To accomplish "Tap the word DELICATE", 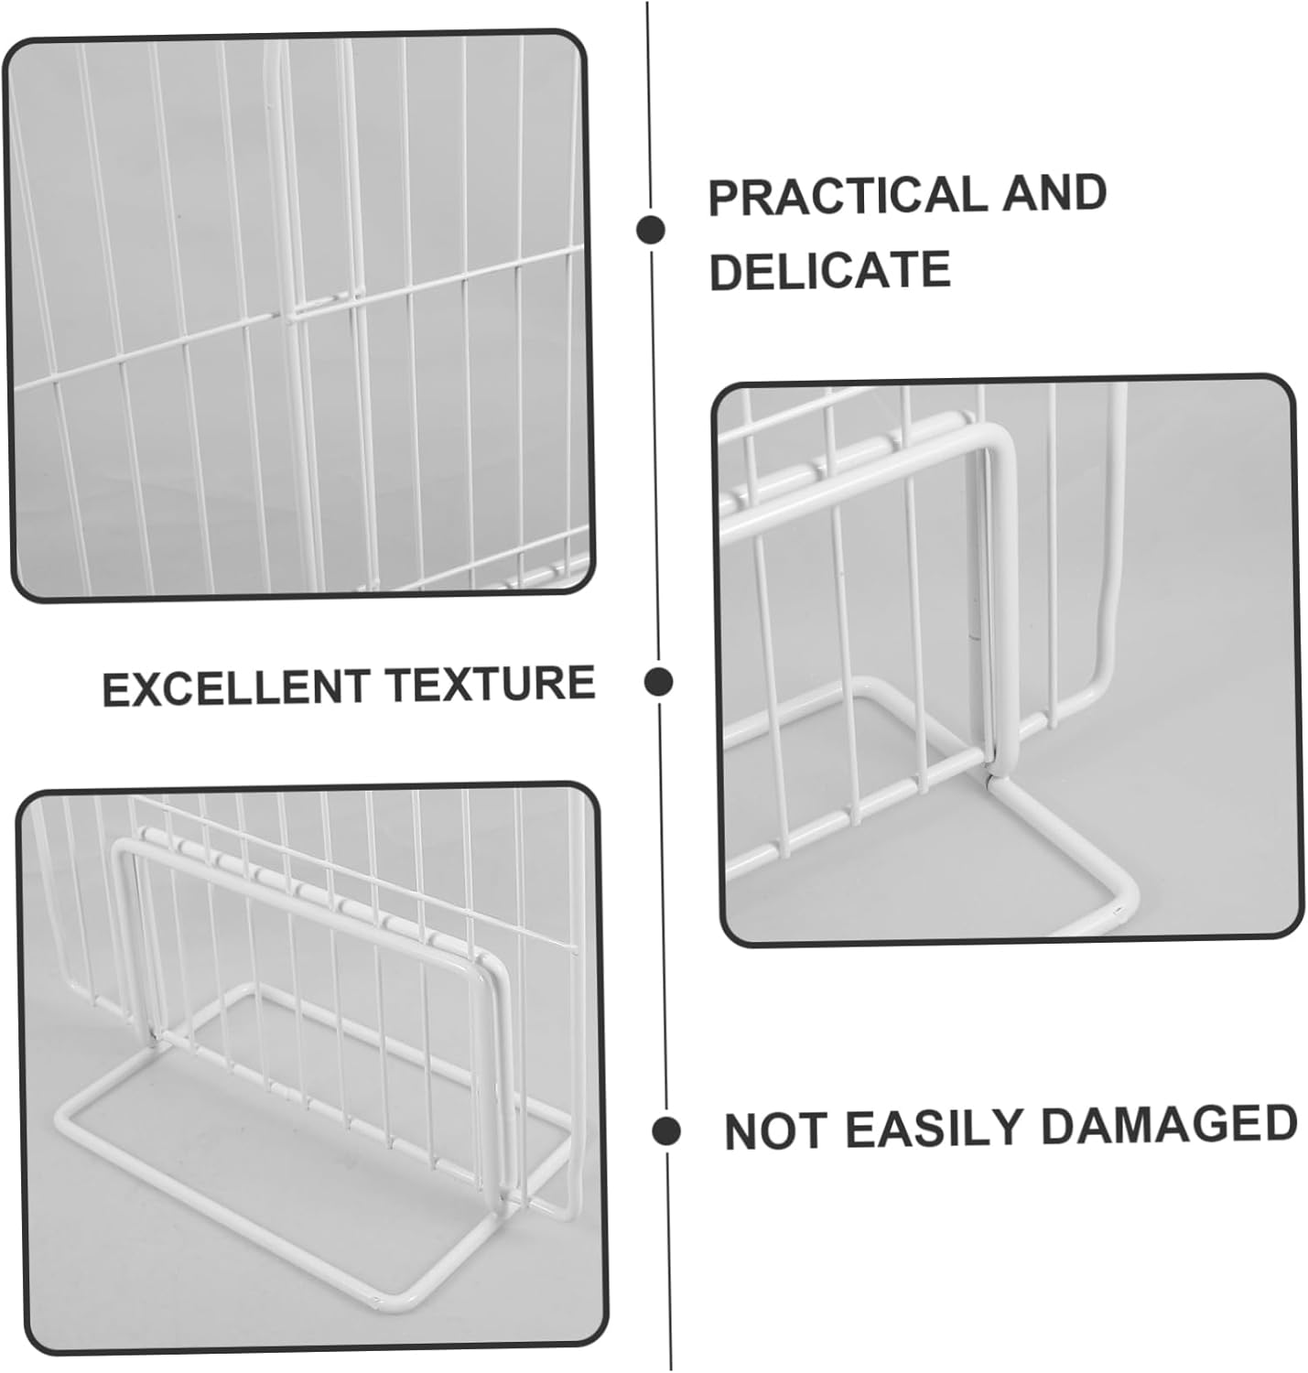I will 829,270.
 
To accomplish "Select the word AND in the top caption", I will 1054,194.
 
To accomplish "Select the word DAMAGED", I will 1169,1123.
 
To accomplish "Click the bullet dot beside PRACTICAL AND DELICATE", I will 651,229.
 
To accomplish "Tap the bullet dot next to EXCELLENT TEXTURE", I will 658,682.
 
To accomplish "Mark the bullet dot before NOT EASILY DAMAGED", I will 666,1130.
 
